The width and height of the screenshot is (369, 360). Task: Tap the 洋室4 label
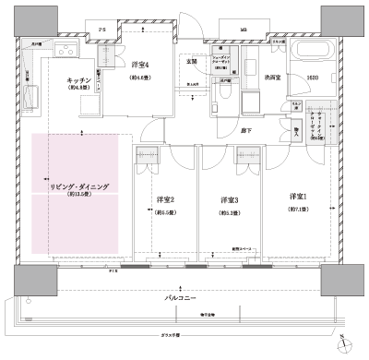140,64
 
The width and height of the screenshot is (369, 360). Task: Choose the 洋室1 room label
297,197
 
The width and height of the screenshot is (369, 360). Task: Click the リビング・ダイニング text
79,186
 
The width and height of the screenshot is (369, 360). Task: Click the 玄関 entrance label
192,62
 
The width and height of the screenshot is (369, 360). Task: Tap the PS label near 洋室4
102,30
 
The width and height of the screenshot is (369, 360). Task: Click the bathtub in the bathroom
311,51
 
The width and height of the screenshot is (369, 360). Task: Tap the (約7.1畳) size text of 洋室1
297,209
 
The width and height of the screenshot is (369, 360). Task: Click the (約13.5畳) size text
79,196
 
